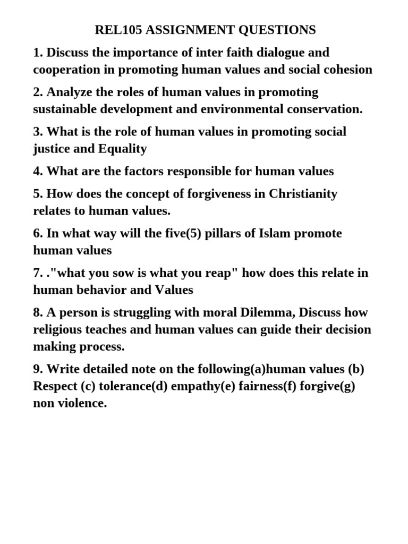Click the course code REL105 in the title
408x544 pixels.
[118, 30]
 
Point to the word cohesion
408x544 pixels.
[346, 70]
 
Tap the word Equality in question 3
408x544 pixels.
[123, 149]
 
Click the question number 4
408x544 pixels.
[38, 171]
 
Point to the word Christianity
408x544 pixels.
[303, 194]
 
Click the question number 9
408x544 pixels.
[38, 369]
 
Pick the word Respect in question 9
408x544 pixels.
[55, 386]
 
